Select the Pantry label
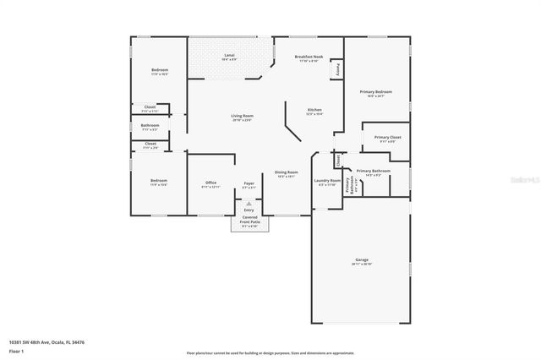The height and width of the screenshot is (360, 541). click(x=338, y=68)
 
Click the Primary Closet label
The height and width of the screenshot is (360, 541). click(x=387, y=137)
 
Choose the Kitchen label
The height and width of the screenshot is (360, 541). click(x=314, y=110)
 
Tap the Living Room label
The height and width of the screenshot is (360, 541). click(x=243, y=117)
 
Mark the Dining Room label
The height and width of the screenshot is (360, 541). click(x=286, y=173)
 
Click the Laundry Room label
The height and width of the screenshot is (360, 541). click(x=327, y=181)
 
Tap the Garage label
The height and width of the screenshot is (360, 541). click(x=361, y=261)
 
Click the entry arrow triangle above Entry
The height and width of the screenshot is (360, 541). click(x=249, y=204)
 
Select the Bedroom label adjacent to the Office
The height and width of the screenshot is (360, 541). click(x=159, y=181)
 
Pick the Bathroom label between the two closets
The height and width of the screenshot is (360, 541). click(x=150, y=127)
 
